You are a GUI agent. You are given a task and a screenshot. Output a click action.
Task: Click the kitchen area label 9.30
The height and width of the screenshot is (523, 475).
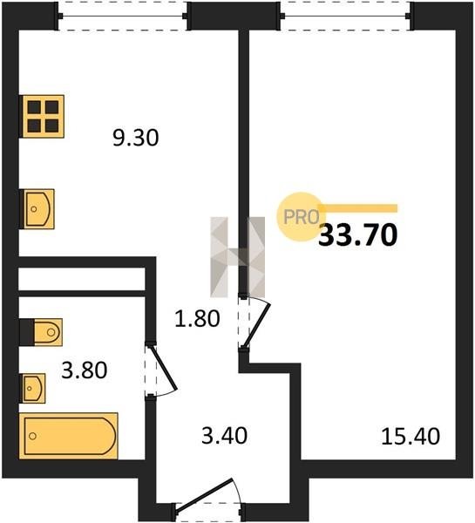135,138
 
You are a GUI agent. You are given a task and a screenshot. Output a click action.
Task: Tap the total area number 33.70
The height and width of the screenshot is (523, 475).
358,234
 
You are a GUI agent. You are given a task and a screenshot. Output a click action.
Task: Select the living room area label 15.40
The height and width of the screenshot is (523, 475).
411,437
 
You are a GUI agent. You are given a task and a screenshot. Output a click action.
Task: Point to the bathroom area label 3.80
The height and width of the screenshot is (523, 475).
85,370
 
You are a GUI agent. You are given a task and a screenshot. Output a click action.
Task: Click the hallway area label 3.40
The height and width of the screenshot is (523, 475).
225,436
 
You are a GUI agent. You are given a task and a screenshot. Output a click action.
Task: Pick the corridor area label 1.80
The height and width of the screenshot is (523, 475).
198,318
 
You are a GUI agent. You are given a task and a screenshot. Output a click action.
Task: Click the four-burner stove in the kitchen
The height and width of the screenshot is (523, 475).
43,116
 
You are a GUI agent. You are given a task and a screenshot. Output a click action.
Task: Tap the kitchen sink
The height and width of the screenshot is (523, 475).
38,209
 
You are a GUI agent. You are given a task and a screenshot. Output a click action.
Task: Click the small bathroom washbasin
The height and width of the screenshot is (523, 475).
34,388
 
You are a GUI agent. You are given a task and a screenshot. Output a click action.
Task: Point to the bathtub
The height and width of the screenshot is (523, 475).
68,436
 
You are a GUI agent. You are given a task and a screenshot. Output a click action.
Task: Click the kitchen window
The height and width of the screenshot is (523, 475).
123,16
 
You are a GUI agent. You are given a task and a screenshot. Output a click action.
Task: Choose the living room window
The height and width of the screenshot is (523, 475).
345,16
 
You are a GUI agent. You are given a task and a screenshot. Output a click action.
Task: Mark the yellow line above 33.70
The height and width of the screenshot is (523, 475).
358,208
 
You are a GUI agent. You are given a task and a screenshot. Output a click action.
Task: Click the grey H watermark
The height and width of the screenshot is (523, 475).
237,257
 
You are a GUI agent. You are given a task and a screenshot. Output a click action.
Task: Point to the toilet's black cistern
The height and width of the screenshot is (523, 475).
27,332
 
